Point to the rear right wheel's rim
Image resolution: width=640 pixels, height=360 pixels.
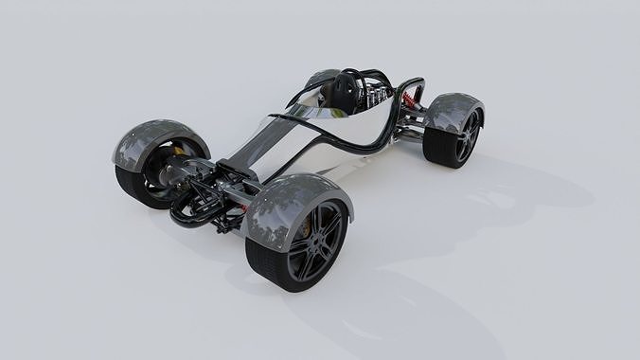click(467, 137)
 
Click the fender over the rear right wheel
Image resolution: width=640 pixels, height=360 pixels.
click(453, 109)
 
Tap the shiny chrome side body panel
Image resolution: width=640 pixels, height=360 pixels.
click(312, 147)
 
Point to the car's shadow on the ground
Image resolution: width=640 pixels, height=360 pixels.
click(398, 284)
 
